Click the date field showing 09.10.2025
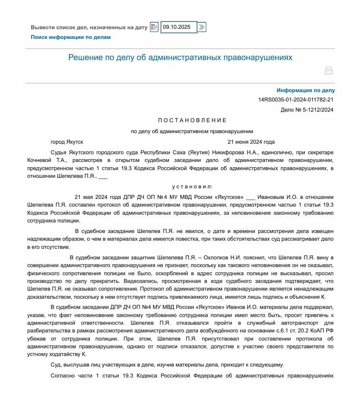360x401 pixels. coord(178,27)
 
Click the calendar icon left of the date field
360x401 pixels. coord(154,27)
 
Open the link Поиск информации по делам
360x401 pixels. coord(71,37)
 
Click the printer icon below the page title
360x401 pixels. coord(328,71)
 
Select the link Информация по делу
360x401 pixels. coord(306,91)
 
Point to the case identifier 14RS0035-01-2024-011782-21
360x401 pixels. coord(296,100)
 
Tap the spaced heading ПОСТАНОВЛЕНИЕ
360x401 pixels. coord(192,121)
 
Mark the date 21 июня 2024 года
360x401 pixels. coord(251,142)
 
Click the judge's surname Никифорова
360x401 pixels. coord(228,153)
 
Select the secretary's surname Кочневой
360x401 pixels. coord(39,160)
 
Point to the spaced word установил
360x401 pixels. coord(192,187)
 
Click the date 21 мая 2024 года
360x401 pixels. coord(99,197)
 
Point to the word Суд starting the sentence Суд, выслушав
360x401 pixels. coord(56,365)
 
